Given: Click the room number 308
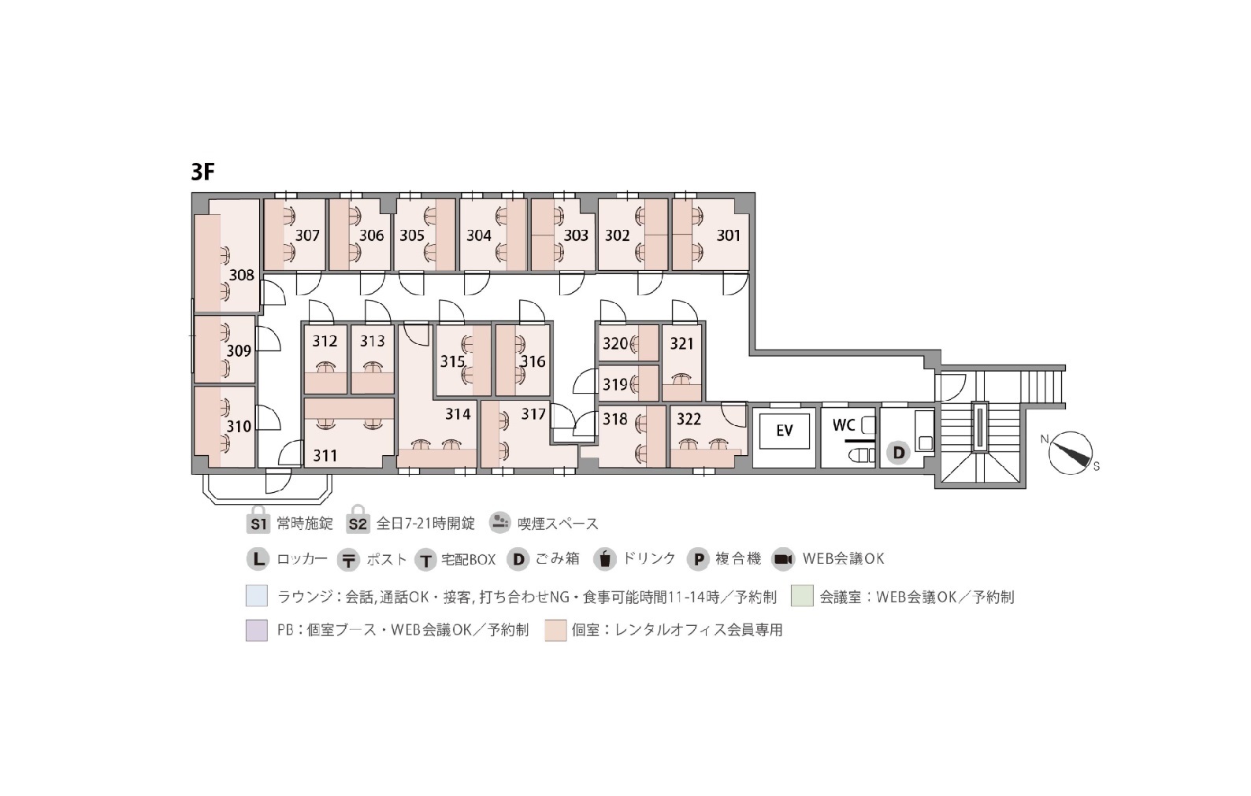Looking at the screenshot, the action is (241, 276).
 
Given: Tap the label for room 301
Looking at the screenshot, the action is (728, 235).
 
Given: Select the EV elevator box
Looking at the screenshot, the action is (785, 431).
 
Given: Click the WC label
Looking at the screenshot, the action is (843, 425).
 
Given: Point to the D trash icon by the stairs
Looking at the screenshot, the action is (898, 452).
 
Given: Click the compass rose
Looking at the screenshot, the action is (1070, 453).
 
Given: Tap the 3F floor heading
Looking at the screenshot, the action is (202, 172).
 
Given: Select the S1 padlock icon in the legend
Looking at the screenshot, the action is (258, 520).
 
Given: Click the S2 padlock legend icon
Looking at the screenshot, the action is (358, 520).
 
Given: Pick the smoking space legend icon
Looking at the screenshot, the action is (499, 523).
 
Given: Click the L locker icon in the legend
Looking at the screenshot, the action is (258, 559).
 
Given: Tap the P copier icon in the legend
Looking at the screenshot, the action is (698, 559).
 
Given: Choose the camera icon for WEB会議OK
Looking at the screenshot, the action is (783, 559).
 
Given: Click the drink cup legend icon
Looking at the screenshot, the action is (605, 559).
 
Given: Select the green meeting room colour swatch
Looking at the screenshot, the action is (802, 596).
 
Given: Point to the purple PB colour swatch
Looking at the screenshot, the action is (257, 630).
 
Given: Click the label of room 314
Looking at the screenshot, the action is (458, 414).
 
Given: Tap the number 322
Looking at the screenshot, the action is (689, 419).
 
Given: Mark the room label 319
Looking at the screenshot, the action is (615, 384).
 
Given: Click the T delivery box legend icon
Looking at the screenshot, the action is (425, 559).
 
